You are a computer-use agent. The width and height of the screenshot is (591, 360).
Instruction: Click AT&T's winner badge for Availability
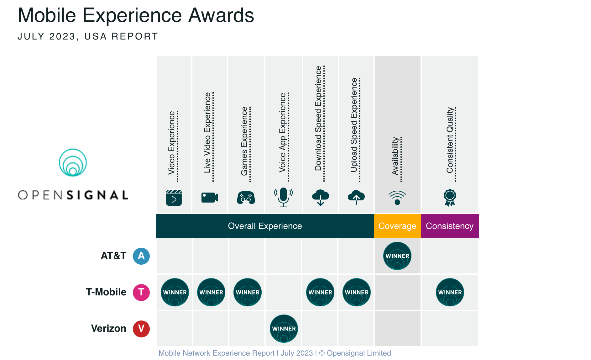point(397,256)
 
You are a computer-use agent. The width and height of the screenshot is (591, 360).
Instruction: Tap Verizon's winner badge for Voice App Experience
point(284,329)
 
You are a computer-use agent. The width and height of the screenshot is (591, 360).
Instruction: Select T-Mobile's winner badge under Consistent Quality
point(450,292)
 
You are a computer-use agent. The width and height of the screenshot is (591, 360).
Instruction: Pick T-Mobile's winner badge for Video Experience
point(175,292)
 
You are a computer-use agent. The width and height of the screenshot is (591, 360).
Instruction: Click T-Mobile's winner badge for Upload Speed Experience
point(356,292)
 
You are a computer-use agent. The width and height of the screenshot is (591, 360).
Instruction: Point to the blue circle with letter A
point(141,256)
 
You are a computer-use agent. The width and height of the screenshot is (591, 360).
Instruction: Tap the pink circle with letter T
point(141,292)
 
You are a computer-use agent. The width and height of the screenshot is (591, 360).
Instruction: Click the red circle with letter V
point(141,329)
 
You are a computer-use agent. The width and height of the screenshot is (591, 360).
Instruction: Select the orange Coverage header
point(397,226)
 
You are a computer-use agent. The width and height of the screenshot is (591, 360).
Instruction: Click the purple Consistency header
point(450,226)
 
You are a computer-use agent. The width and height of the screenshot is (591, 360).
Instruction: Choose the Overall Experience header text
point(265,226)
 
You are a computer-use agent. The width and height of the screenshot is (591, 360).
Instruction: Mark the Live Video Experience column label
point(207,132)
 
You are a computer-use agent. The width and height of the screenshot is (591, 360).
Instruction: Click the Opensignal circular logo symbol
point(73,162)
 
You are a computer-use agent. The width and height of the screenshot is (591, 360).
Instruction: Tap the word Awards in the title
point(221,15)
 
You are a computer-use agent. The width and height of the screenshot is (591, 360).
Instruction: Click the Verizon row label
point(108,328)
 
